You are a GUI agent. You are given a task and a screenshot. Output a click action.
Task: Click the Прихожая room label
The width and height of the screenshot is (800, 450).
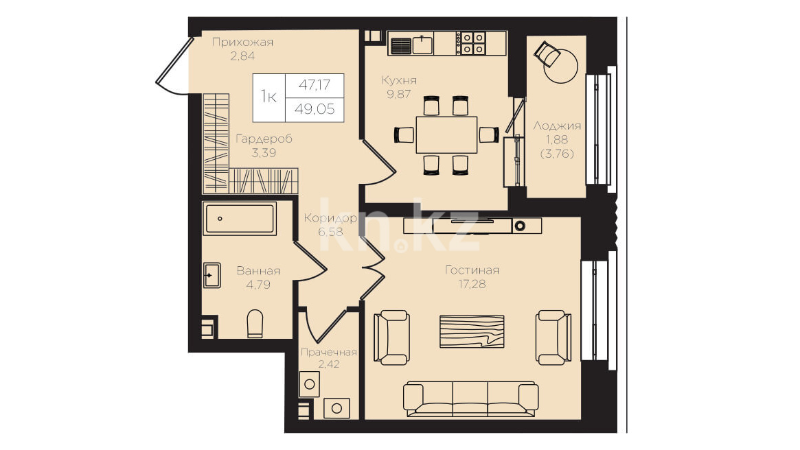(242, 43)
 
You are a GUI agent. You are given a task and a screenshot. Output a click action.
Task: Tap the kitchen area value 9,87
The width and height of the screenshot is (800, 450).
(398, 94)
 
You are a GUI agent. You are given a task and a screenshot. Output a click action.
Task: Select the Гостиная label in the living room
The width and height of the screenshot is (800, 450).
(472, 270)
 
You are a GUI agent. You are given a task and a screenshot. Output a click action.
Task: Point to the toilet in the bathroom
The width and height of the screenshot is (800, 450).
(255, 324)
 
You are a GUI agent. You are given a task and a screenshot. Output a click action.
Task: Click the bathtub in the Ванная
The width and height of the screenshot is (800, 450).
(240, 219)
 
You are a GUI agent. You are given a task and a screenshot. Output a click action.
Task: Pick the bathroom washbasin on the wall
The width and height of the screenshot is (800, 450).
(212, 275)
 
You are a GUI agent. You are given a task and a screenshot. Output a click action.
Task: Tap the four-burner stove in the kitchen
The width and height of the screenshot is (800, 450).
(473, 43)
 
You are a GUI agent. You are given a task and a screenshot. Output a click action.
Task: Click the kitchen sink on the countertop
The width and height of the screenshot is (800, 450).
(422, 45)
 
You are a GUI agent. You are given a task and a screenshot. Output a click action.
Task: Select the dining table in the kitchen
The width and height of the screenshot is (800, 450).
(447, 134)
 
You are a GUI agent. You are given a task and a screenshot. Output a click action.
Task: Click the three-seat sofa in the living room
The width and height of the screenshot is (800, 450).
(470, 399)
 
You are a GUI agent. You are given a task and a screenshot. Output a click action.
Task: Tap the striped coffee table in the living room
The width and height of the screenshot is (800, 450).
(472, 331)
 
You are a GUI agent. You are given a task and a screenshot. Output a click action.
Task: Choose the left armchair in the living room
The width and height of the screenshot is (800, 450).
(391, 337)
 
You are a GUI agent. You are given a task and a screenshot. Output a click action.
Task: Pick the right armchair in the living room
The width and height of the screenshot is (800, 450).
(553, 337)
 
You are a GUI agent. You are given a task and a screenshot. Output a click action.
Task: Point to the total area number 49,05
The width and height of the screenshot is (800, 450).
(315, 109)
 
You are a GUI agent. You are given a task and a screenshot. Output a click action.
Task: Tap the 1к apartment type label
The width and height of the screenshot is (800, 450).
(268, 96)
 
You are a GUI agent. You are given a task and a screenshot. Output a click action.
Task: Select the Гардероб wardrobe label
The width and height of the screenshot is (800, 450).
(264, 139)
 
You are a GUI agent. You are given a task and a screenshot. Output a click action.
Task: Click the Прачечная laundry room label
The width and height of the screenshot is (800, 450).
(328, 352)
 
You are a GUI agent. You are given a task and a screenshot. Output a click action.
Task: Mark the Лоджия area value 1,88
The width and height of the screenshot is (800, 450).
(557, 140)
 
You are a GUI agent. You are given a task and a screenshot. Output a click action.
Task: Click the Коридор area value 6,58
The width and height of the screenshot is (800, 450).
(330, 232)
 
